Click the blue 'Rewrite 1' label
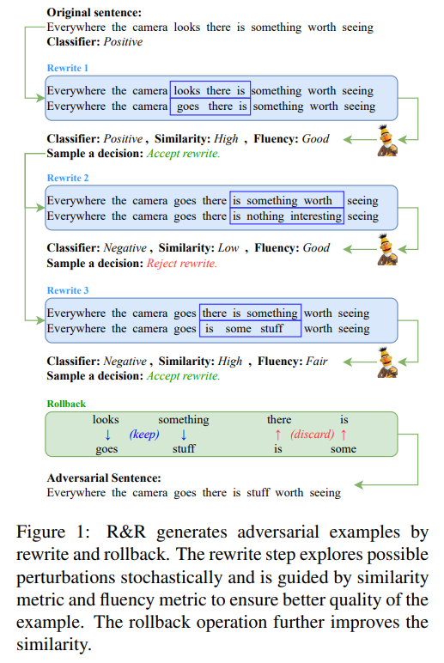point(68,68)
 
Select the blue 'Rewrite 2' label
point(68,178)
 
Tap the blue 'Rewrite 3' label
point(68,290)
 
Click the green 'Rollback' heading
point(66,404)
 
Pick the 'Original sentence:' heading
point(94,13)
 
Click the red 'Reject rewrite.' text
point(182,264)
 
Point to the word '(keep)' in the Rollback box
point(144,435)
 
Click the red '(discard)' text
point(312,435)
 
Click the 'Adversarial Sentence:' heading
point(104,478)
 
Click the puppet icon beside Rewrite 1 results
point(388,140)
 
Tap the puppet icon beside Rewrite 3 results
point(388,362)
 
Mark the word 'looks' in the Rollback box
point(106,419)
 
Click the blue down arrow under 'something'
point(184,435)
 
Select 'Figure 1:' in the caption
point(53,532)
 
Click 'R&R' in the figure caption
point(126,532)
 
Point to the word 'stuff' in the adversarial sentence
point(258,493)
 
